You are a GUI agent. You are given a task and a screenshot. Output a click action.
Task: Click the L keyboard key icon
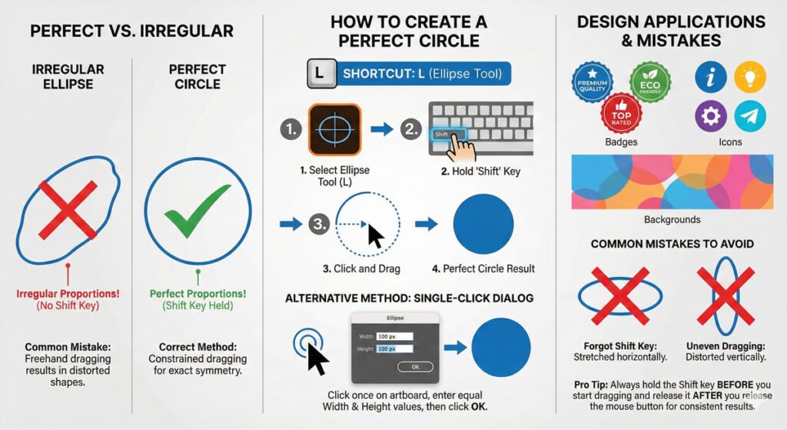(x=322, y=74)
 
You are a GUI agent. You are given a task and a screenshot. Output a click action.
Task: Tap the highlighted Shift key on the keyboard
(x=449, y=134)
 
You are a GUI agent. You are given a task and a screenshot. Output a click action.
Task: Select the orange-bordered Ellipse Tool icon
(x=334, y=129)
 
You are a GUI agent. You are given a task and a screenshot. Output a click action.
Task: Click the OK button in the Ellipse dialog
(x=415, y=367)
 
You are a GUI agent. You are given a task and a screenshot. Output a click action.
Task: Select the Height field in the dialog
(x=394, y=348)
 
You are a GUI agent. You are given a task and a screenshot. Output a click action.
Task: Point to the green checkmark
(x=198, y=211)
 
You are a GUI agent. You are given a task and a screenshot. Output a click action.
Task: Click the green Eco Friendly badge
(x=650, y=82)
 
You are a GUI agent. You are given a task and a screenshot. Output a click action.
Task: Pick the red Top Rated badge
(x=621, y=113)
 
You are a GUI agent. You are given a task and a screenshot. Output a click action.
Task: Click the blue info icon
(x=710, y=77)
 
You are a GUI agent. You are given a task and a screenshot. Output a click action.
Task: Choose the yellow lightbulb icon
(x=750, y=77)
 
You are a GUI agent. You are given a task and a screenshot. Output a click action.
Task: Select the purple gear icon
(x=710, y=116)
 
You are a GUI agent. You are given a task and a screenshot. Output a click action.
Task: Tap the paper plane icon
(x=750, y=116)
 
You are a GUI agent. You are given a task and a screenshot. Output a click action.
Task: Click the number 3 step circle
(x=320, y=224)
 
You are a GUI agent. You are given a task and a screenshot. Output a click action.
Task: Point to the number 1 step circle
(x=291, y=129)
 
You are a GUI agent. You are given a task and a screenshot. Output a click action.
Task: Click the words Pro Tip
(x=591, y=385)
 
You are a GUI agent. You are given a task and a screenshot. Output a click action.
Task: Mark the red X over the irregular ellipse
(x=68, y=210)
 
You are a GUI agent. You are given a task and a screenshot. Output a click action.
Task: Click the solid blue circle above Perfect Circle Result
(x=483, y=224)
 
